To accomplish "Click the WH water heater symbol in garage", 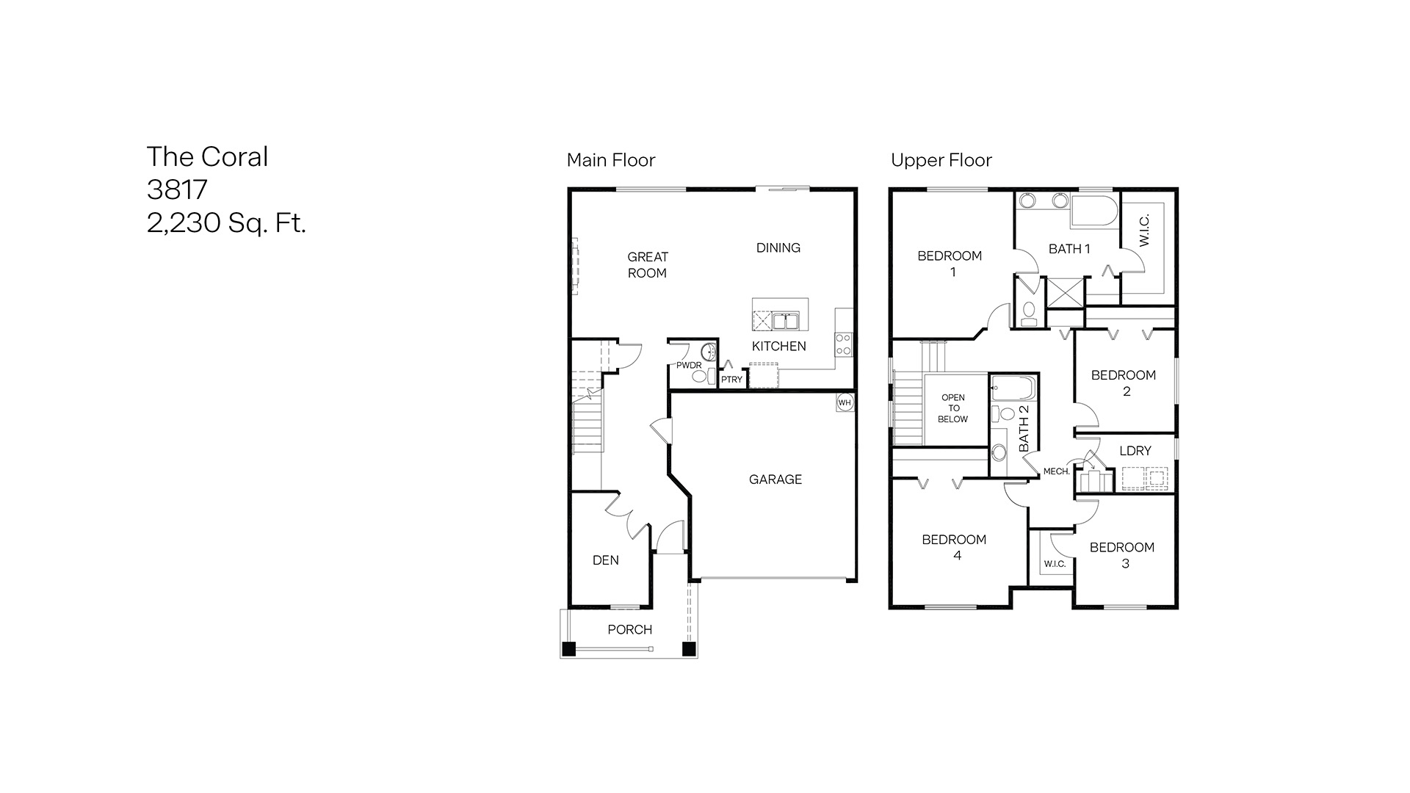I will point(845,402).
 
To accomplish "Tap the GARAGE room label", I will point(775,479).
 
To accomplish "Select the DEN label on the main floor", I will point(605,560).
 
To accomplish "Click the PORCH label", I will point(629,629).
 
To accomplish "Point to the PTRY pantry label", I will point(731,380).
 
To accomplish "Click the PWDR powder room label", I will point(688,365).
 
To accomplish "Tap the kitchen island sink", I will point(785,321).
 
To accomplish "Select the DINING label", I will point(778,247).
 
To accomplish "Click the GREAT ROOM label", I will point(647,264).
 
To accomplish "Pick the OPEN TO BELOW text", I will point(952,408).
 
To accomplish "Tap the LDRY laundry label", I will point(1135,451).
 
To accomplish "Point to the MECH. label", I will point(1056,471).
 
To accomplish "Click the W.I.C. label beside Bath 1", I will point(1144,230).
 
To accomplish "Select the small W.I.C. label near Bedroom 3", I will point(1054,564).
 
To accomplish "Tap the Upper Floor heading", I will point(941,160).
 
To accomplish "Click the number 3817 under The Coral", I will point(177,189).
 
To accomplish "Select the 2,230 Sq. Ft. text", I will point(226,222).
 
